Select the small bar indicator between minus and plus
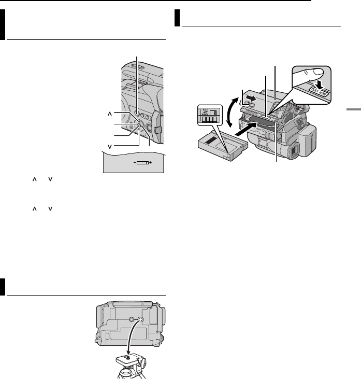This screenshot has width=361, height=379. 142,162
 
